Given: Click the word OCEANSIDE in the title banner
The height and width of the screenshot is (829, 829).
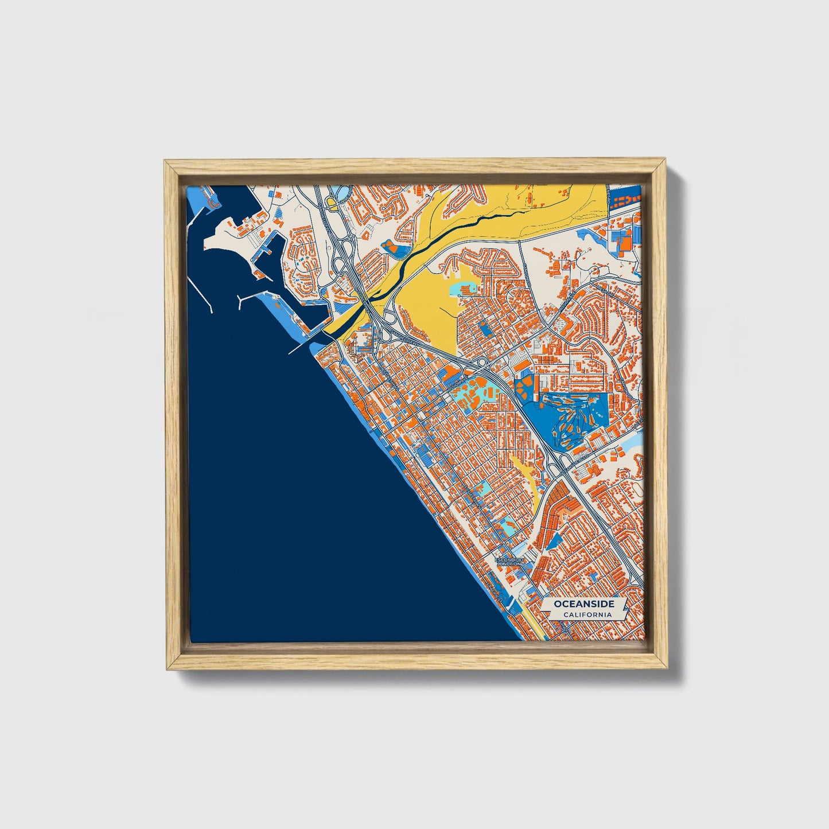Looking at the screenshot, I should coord(584,604).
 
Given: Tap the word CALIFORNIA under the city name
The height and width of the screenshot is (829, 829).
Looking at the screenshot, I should coord(586,615).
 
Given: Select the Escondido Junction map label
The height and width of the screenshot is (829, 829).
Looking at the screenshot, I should coord(509,561).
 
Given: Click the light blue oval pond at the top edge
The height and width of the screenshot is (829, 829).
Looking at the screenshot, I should coord(339,192).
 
